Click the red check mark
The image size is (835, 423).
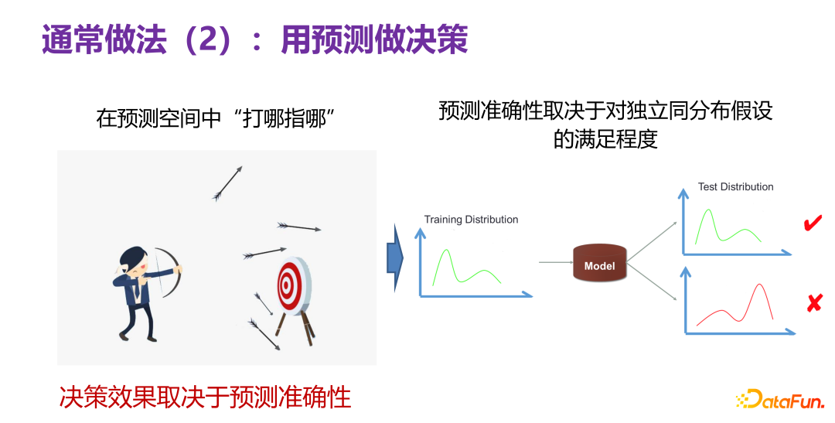point(813,224)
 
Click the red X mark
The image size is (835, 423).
point(813,304)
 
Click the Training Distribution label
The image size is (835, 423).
point(471,220)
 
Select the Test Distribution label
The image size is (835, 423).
point(735,186)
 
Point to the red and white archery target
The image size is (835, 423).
point(291,285)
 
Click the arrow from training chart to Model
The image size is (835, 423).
point(554,263)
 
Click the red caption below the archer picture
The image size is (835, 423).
point(205,397)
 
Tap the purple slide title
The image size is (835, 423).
point(254,39)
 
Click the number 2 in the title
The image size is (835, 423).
point(207,39)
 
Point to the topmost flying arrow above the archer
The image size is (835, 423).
point(227,183)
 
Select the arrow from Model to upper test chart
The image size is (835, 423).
point(654,240)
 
